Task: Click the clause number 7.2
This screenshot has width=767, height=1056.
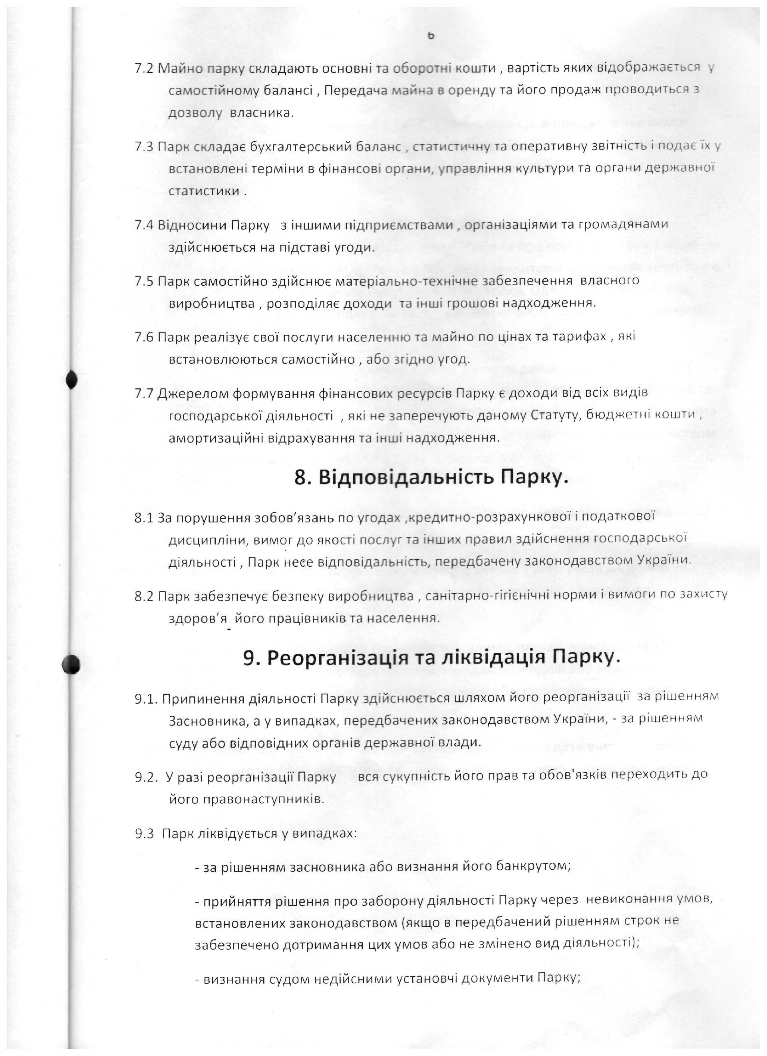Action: click(x=143, y=68)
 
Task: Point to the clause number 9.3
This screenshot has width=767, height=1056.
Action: click(x=144, y=834)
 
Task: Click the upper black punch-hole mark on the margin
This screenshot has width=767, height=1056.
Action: click(x=71, y=380)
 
